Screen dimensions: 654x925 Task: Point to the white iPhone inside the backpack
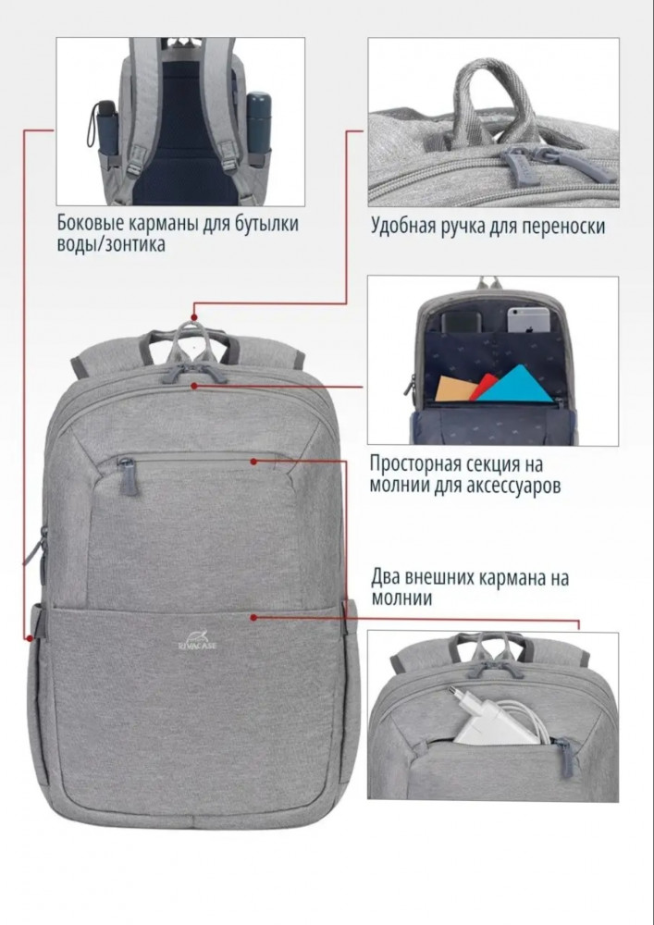(x=528, y=319)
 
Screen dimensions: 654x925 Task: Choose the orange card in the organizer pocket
(x=455, y=388)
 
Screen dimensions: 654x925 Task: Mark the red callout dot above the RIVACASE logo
(x=253, y=617)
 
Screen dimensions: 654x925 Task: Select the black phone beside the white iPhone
(x=461, y=323)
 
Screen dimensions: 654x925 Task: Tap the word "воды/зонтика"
(x=111, y=245)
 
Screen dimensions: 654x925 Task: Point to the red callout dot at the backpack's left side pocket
(x=28, y=637)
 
